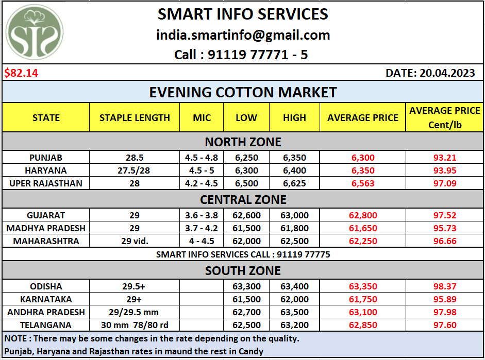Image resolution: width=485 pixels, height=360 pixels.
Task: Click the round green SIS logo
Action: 35,33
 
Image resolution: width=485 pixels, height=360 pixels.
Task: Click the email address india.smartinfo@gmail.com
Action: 243,35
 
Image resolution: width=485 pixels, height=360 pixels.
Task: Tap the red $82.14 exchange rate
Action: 21,73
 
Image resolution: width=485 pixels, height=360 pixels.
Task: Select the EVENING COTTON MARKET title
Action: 243,92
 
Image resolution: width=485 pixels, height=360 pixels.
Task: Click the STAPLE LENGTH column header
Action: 135,117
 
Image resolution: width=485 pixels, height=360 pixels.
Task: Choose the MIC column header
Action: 202,117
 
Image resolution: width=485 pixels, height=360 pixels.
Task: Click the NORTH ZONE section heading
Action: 243,142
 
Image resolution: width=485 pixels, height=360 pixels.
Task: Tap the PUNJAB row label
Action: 46,158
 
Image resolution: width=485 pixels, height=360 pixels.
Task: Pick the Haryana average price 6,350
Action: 362,170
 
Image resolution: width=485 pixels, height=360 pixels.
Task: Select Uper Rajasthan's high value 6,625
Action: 294,183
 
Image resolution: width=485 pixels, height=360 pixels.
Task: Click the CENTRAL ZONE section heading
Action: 243,199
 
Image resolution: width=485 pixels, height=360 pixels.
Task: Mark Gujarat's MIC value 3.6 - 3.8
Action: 202,215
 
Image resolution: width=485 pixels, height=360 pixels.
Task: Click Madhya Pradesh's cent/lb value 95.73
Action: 445,228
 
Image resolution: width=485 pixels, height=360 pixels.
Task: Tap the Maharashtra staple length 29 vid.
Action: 135,241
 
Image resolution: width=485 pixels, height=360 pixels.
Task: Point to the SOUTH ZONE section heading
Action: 243,270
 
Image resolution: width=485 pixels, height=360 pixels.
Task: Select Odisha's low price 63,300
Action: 246,286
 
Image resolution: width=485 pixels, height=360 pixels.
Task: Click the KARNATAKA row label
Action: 46,299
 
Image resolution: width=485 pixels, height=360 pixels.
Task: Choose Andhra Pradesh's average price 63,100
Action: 362,312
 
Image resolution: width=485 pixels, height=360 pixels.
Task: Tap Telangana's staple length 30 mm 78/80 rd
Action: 135,325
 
